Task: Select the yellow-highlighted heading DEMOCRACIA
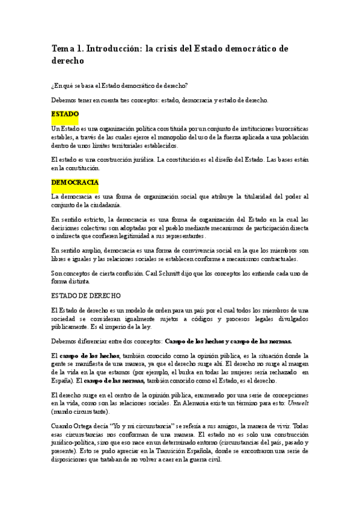click(x=75, y=182)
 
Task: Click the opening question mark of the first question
click(x=53, y=86)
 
